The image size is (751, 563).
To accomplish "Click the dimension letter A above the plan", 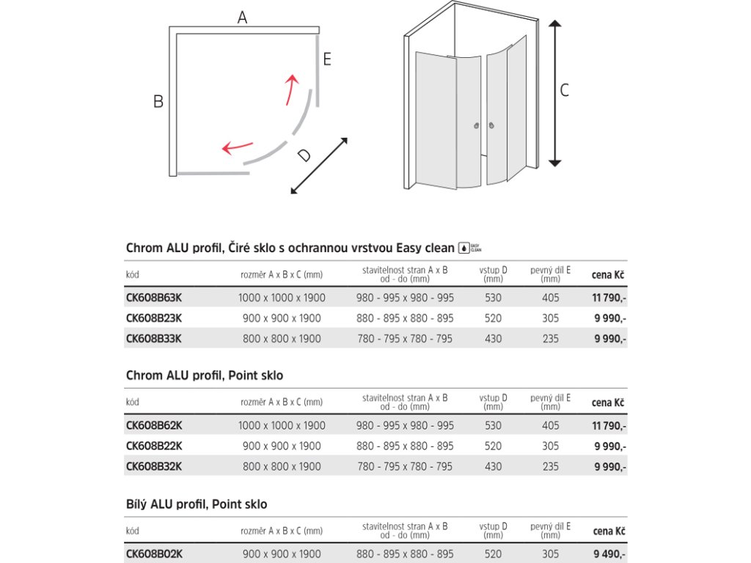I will (x=243, y=18).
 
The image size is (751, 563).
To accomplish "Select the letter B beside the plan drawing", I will (x=158, y=102).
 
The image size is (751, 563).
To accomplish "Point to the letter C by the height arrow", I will (x=564, y=91).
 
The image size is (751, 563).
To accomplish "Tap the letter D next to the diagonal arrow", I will (x=305, y=155).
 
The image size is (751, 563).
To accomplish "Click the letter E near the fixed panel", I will (x=327, y=59).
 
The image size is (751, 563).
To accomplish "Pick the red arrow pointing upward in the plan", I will (x=293, y=89).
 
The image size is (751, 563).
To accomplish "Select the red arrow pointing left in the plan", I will (x=237, y=147).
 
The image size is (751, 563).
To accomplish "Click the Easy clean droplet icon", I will (x=464, y=249).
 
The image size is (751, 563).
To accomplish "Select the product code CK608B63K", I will (x=154, y=298).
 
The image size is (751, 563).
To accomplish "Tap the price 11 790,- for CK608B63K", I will (x=609, y=298).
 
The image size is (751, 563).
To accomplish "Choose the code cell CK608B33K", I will (x=154, y=339).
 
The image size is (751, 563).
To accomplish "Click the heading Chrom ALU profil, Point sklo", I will (x=205, y=375).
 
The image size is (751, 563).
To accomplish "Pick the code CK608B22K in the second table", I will (x=154, y=446).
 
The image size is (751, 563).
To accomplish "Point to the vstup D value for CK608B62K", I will (x=494, y=425).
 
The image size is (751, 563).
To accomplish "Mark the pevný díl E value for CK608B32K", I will (x=550, y=466).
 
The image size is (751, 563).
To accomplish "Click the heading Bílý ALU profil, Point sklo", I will (x=197, y=504).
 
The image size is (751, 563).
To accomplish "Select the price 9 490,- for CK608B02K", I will (x=609, y=554).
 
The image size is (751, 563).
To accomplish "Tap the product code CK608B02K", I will (x=154, y=554).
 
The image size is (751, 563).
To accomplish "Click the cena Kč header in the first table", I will (x=608, y=275).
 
